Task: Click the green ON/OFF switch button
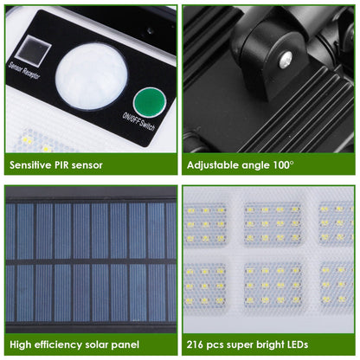pos(149,101)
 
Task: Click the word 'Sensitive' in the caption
pos(34,164)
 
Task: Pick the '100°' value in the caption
pos(282,164)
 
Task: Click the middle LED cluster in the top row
pos(272,223)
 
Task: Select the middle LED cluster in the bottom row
pos(272,284)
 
